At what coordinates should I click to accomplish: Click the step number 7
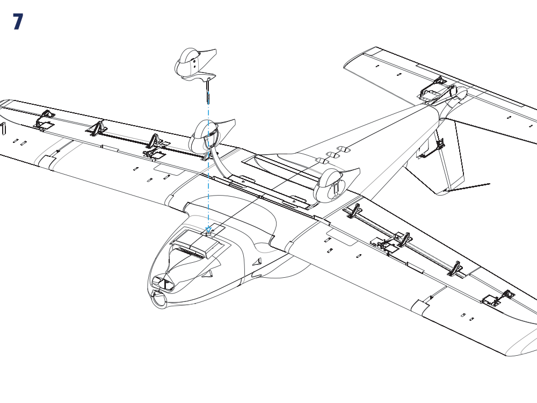[x=18, y=21]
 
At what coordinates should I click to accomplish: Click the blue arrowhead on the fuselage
[x=208, y=229]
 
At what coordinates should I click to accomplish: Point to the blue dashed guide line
[x=208, y=164]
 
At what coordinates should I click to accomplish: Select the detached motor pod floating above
[x=195, y=64]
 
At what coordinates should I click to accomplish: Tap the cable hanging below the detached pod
[x=208, y=90]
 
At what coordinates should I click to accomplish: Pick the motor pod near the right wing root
[x=336, y=185]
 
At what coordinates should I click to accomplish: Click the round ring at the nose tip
[x=158, y=299]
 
